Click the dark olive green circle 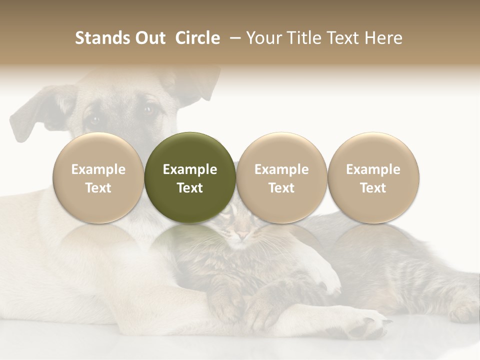pos(190,178)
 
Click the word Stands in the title pos(101,38)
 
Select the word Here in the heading pos(384,38)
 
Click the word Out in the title pos(149,38)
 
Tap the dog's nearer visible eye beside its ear pos(94,119)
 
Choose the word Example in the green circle pos(190,169)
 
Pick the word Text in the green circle pos(190,188)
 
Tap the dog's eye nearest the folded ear pos(148,110)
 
